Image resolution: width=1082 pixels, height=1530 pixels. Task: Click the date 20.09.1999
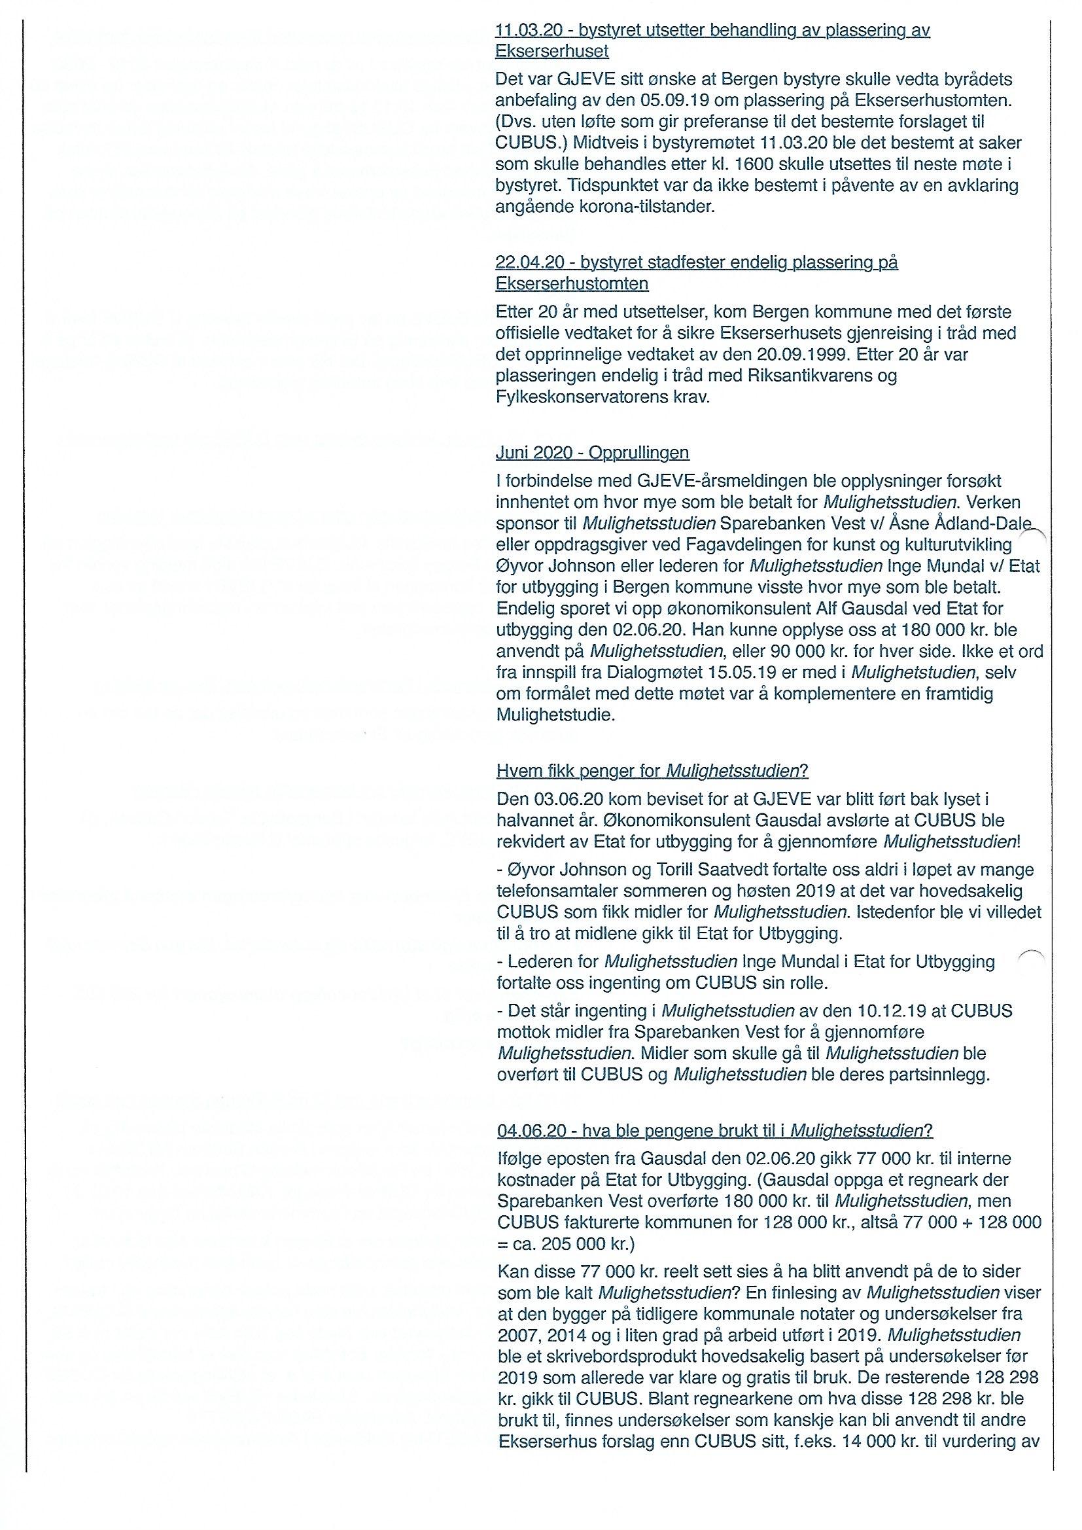click(x=766, y=355)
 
